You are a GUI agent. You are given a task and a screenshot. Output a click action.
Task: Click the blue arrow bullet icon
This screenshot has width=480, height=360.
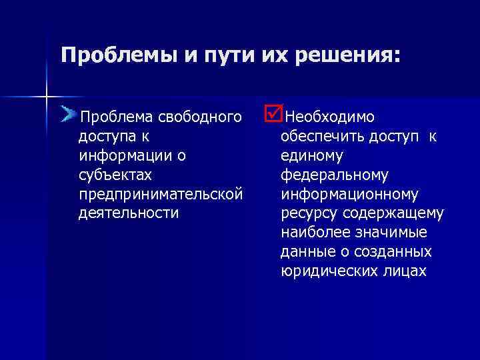point(68,115)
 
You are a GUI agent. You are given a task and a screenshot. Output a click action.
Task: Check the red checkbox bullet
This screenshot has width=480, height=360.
point(273,114)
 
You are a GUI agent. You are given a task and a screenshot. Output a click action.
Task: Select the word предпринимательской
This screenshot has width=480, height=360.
point(160,194)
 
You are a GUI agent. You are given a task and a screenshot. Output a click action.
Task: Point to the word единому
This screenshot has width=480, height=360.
point(311,156)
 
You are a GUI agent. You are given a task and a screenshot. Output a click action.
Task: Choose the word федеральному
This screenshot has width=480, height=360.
point(334,175)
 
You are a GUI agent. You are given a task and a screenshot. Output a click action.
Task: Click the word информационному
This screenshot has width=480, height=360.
point(349,194)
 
